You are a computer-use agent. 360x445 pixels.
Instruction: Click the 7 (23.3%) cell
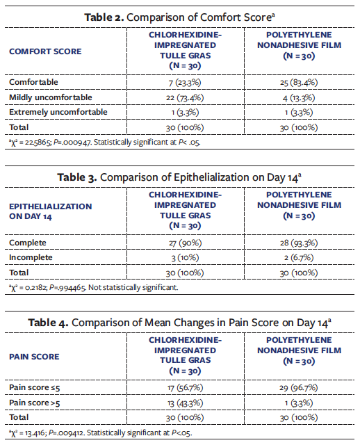(x=186, y=82)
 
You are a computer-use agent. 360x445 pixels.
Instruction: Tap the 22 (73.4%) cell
(x=186, y=97)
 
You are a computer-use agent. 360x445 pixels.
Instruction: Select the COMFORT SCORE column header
(x=44, y=51)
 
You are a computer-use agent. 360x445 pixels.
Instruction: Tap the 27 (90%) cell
(x=186, y=243)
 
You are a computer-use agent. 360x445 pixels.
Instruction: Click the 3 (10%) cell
(x=186, y=258)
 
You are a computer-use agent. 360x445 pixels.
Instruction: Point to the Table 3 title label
(x=180, y=175)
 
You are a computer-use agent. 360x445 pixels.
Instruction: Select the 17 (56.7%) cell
(x=186, y=387)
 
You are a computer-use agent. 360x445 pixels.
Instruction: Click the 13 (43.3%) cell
(x=186, y=403)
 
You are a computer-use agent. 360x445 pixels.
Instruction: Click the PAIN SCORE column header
(x=35, y=357)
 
